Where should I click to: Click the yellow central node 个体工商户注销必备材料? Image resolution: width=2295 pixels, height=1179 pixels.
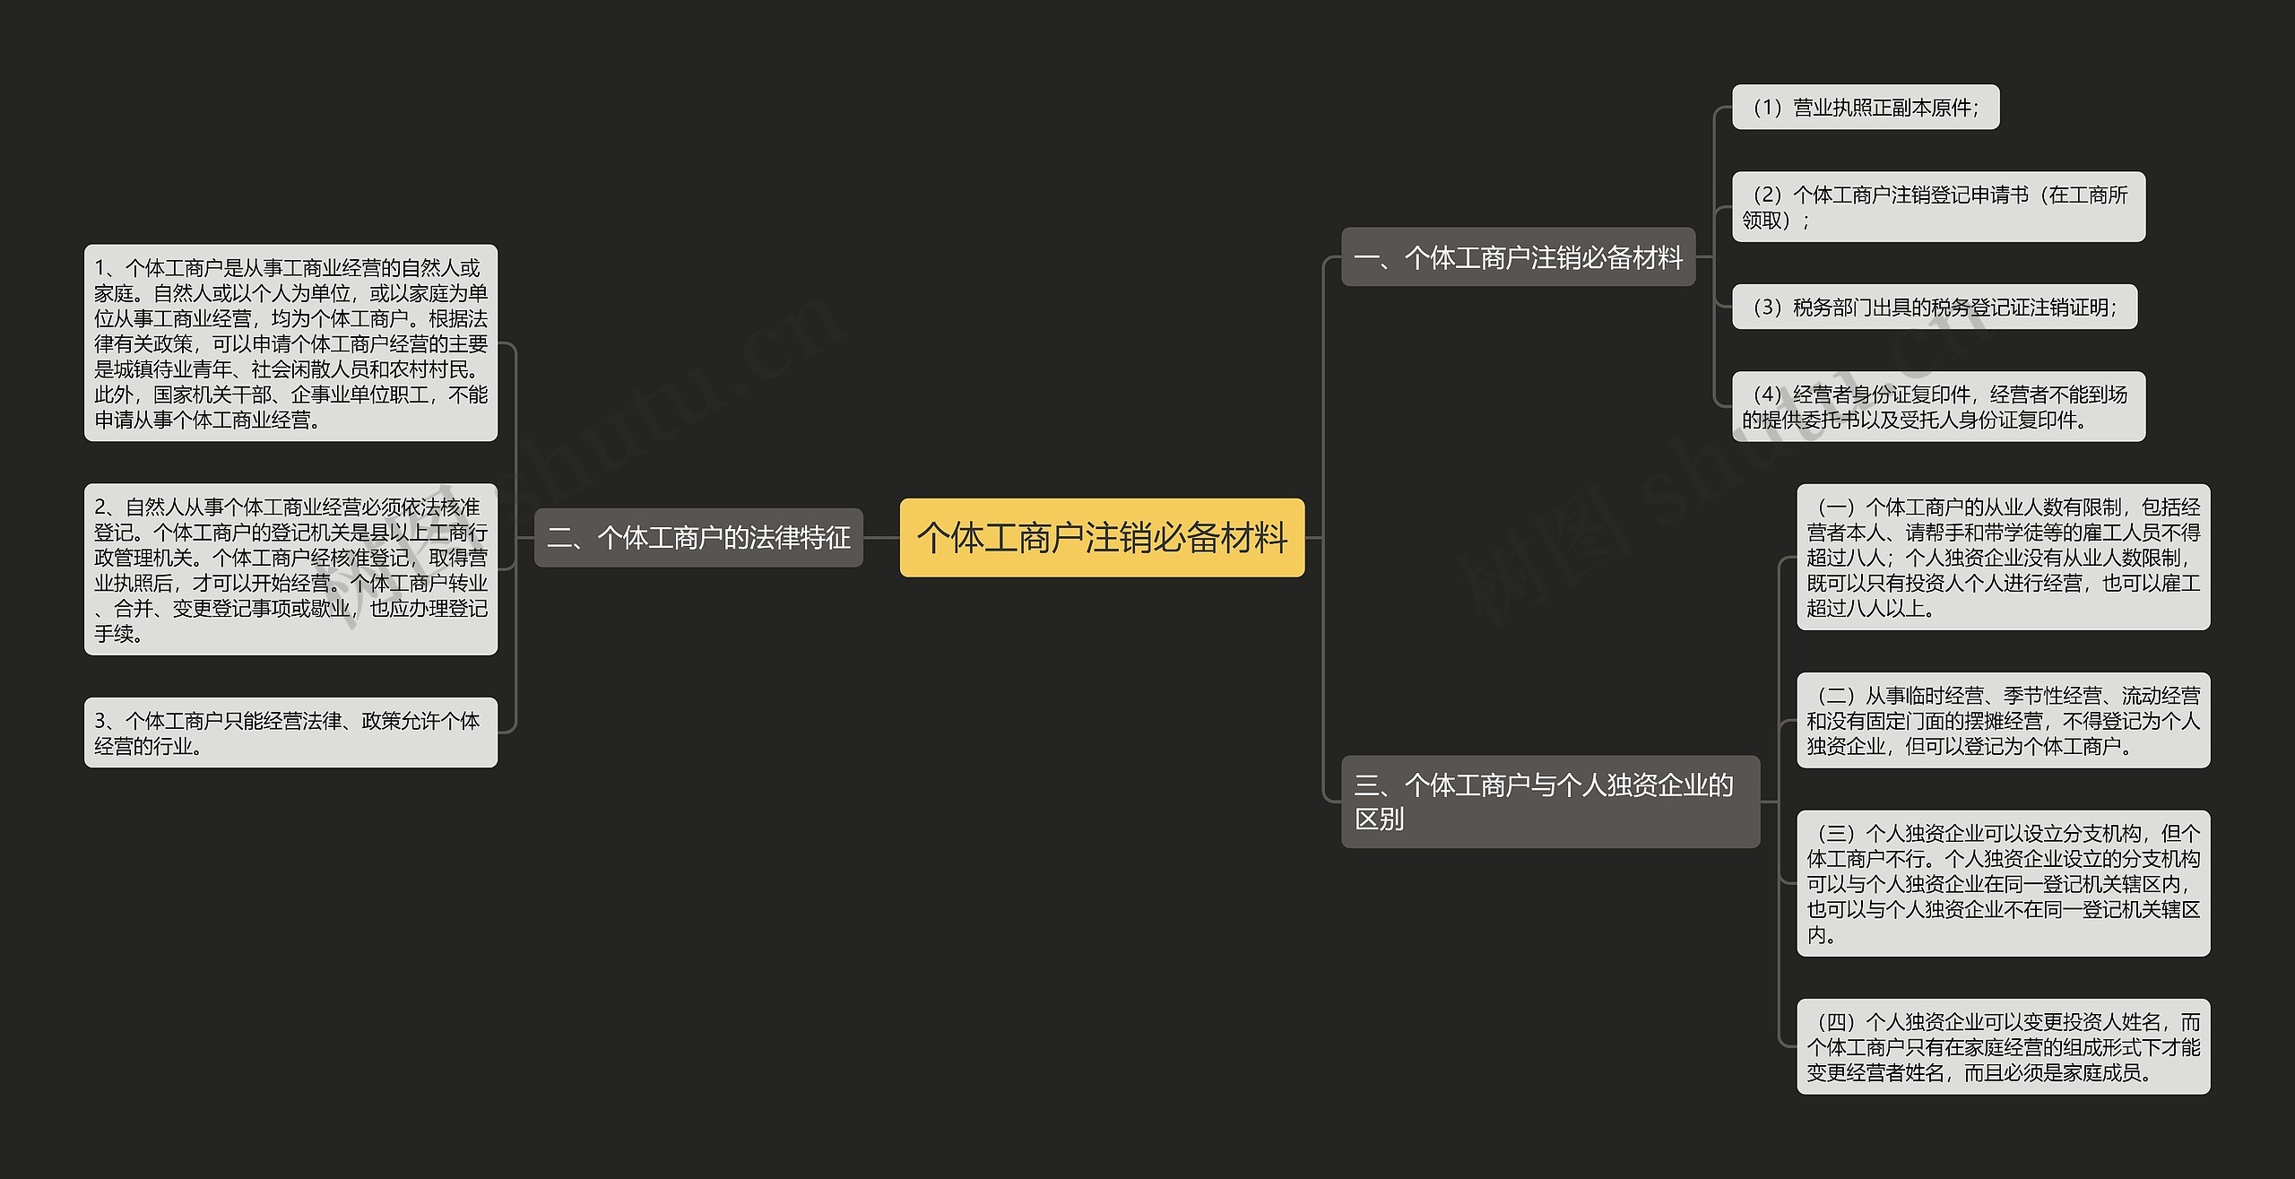point(1102,538)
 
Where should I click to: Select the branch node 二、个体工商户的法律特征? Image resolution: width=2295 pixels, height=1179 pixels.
point(698,538)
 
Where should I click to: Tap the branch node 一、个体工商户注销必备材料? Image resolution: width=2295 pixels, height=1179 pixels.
point(1518,258)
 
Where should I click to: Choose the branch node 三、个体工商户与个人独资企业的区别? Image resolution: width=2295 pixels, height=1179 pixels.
point(1550,802)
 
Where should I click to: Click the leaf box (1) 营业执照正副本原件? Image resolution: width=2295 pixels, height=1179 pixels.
point(1865,108)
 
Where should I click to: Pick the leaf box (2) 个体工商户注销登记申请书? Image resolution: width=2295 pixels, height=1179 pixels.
point(1938,207)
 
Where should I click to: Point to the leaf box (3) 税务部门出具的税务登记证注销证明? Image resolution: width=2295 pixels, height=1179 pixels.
point(1934,308)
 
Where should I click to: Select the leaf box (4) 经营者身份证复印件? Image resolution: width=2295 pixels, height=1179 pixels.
point(1938,407)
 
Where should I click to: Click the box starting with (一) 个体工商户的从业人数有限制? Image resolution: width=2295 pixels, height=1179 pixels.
point(2003,558)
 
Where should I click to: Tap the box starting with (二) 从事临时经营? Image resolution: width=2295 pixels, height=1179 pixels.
point(2003,721)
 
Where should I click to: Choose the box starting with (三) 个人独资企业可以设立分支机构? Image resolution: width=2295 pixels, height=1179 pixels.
point(2003,884)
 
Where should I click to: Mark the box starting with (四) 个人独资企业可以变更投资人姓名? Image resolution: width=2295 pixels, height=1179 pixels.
point(2003,1047)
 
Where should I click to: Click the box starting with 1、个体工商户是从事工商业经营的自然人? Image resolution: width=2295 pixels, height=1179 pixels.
point(290,343)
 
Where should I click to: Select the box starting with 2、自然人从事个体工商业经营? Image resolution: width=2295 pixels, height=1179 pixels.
point(290,570)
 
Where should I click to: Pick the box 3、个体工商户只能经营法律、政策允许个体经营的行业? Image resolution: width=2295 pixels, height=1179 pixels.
point(290,733)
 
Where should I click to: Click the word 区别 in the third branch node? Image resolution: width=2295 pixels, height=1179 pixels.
point(1379,819)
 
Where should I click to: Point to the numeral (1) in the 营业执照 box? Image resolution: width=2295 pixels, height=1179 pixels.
point(1767,108)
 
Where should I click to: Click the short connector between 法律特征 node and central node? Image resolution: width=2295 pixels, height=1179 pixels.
point(881,538)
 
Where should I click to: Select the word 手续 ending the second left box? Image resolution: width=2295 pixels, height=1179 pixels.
point(115,634)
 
